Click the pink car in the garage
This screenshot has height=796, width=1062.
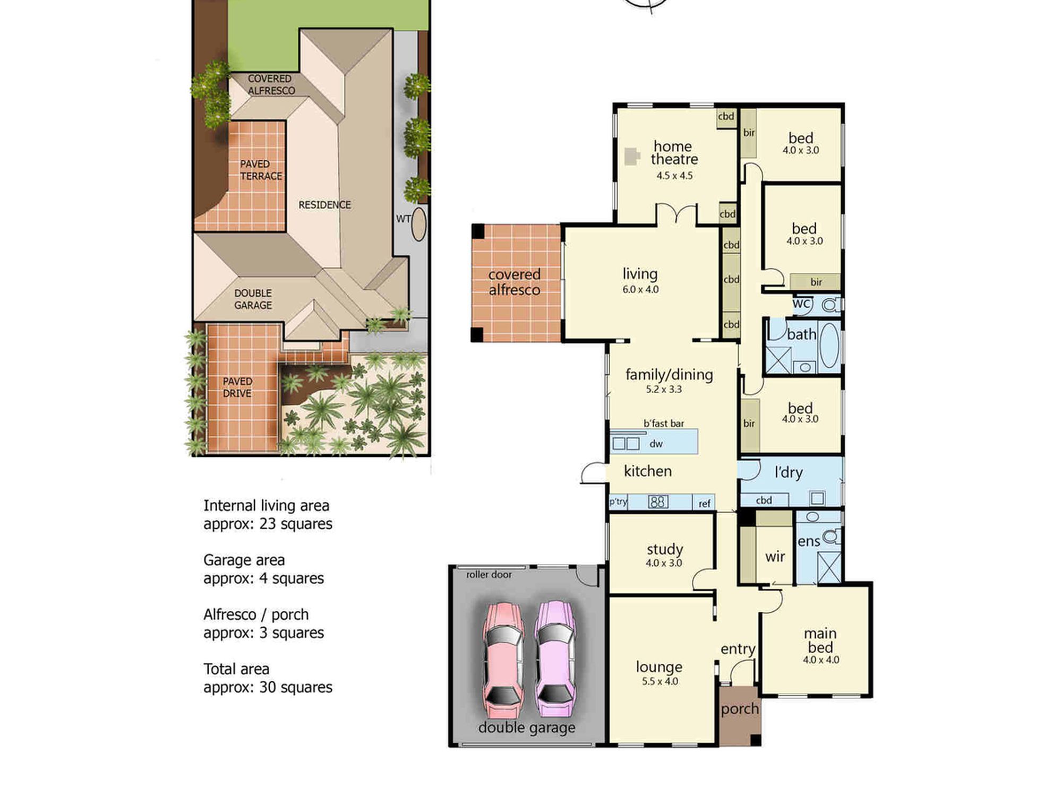503,660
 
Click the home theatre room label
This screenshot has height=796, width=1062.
674,153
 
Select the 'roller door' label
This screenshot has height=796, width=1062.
489,575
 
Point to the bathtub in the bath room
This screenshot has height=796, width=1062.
828,345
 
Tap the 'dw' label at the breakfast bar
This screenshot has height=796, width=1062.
656,444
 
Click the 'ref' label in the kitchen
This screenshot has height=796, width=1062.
704,504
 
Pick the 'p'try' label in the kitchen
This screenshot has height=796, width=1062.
618,501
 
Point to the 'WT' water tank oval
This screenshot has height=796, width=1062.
419,224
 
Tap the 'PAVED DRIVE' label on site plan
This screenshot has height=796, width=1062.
237,387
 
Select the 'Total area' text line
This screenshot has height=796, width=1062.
236,669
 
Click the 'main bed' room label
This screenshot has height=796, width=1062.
820,641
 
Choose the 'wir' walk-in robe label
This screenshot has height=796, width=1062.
775,557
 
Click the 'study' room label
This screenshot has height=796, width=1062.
664,550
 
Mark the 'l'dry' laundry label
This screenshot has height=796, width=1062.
789,472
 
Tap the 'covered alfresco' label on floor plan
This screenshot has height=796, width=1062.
514,282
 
